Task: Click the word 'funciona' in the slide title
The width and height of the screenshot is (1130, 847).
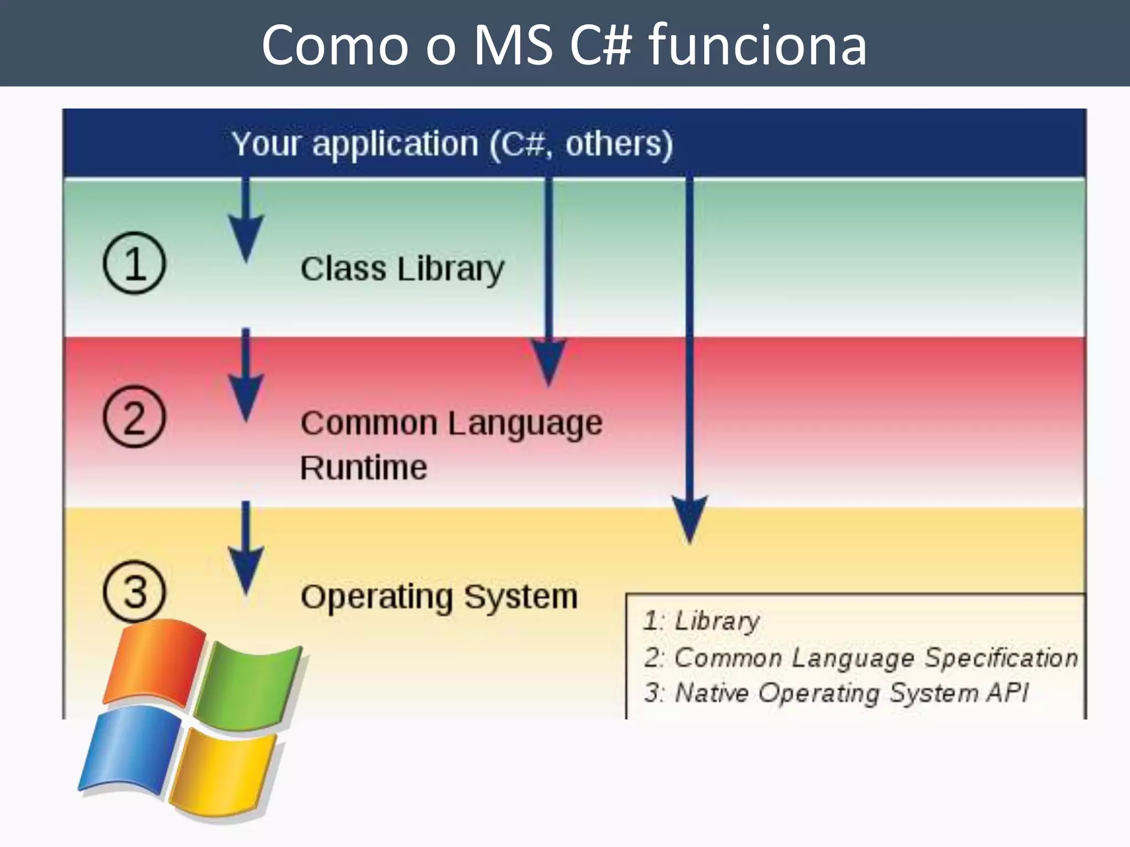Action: pos(757,45)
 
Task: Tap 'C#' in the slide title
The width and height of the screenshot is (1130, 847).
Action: pos(600,45)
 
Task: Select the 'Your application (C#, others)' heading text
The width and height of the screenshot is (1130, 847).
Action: pos(452,144)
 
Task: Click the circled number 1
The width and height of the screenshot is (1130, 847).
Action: pos(134,263)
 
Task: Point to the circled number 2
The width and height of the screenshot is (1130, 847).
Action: pos(134,416)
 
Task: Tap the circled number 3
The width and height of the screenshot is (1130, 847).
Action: pos(134,591)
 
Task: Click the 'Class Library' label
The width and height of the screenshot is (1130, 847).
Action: pos(402,269)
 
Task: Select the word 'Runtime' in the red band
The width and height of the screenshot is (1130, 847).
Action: pos(364,468)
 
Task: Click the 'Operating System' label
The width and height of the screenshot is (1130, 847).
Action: pos(439,597)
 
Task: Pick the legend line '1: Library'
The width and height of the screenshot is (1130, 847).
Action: pos(702,621)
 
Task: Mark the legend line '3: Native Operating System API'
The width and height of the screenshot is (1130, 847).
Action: pos(836,693)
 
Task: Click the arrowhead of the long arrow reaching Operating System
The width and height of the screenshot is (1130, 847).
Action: pos(690,518)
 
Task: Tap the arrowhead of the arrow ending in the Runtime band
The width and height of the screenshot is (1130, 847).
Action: pos(548,361)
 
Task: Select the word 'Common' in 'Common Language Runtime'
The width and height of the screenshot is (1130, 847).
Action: pos(369,423)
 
